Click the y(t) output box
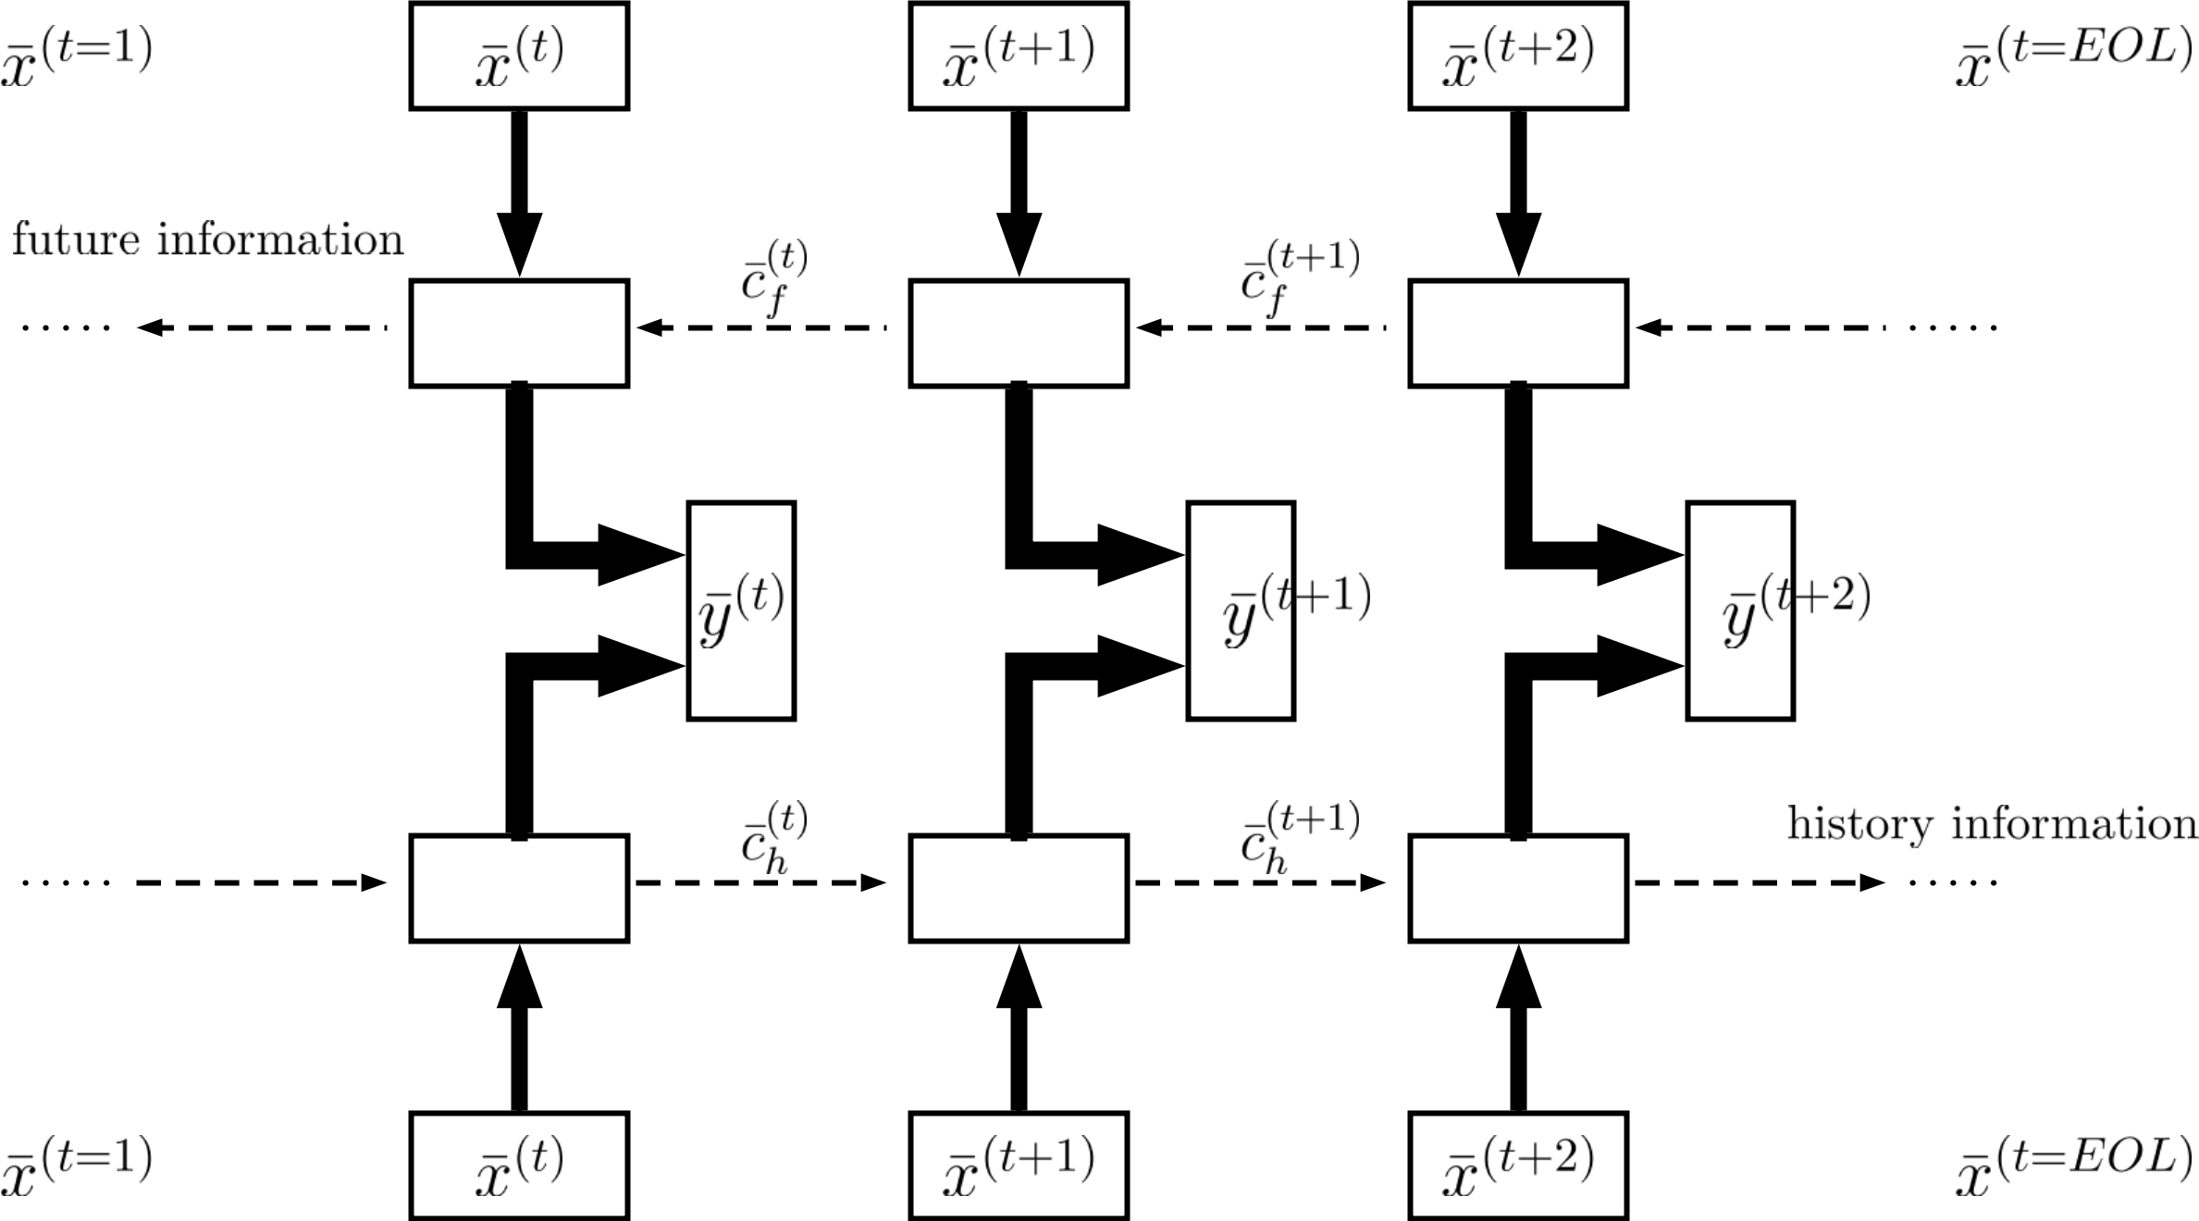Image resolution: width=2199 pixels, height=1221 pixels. pyautogui.click(x=741, y=610)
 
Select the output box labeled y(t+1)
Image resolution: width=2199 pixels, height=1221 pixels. pyautogui.click(x=1241, y=610)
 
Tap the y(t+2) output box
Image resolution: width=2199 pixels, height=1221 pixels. pyautogui.click(x=1740, y=610)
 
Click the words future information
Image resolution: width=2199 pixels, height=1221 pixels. pyautogui.click(x=208, y=240)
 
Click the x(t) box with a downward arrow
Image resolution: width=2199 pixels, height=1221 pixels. pyautogui.click(x=519, y=55)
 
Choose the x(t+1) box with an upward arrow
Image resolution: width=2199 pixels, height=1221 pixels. pyautogui.click(x=1019, y=1165)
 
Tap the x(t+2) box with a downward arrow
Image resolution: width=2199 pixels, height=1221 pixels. pyautogui.click(x=1518, y=55)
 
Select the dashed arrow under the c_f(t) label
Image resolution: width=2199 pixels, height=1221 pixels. pyautogui.click(x=760, y=327)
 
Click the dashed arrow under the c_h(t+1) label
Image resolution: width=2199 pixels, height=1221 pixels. pyautogui.click(x=1260, y=883)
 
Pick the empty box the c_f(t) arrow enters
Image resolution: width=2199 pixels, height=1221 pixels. pyautogui.click(x=519, y=333)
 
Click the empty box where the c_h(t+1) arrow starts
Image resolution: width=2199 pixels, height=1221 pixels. pyautogui.click(x=1019, y=888)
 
